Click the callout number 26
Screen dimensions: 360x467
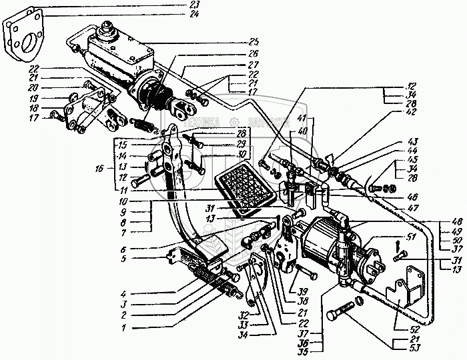pyautogui.click(x=179, y=54)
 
